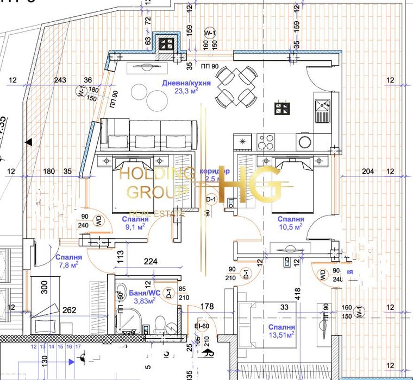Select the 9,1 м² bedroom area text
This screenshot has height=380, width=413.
[132, 227]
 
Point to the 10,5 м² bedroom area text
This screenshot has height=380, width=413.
[290, 227]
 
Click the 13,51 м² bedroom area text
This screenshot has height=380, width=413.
[281, 335]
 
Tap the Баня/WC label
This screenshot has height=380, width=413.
[143, 293]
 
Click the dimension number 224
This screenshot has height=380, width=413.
[151, 262]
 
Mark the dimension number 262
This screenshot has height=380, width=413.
[68, 312]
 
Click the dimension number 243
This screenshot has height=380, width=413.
[61, 81]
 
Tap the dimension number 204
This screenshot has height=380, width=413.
[368, 172]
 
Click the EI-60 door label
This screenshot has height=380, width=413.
[202, 326]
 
